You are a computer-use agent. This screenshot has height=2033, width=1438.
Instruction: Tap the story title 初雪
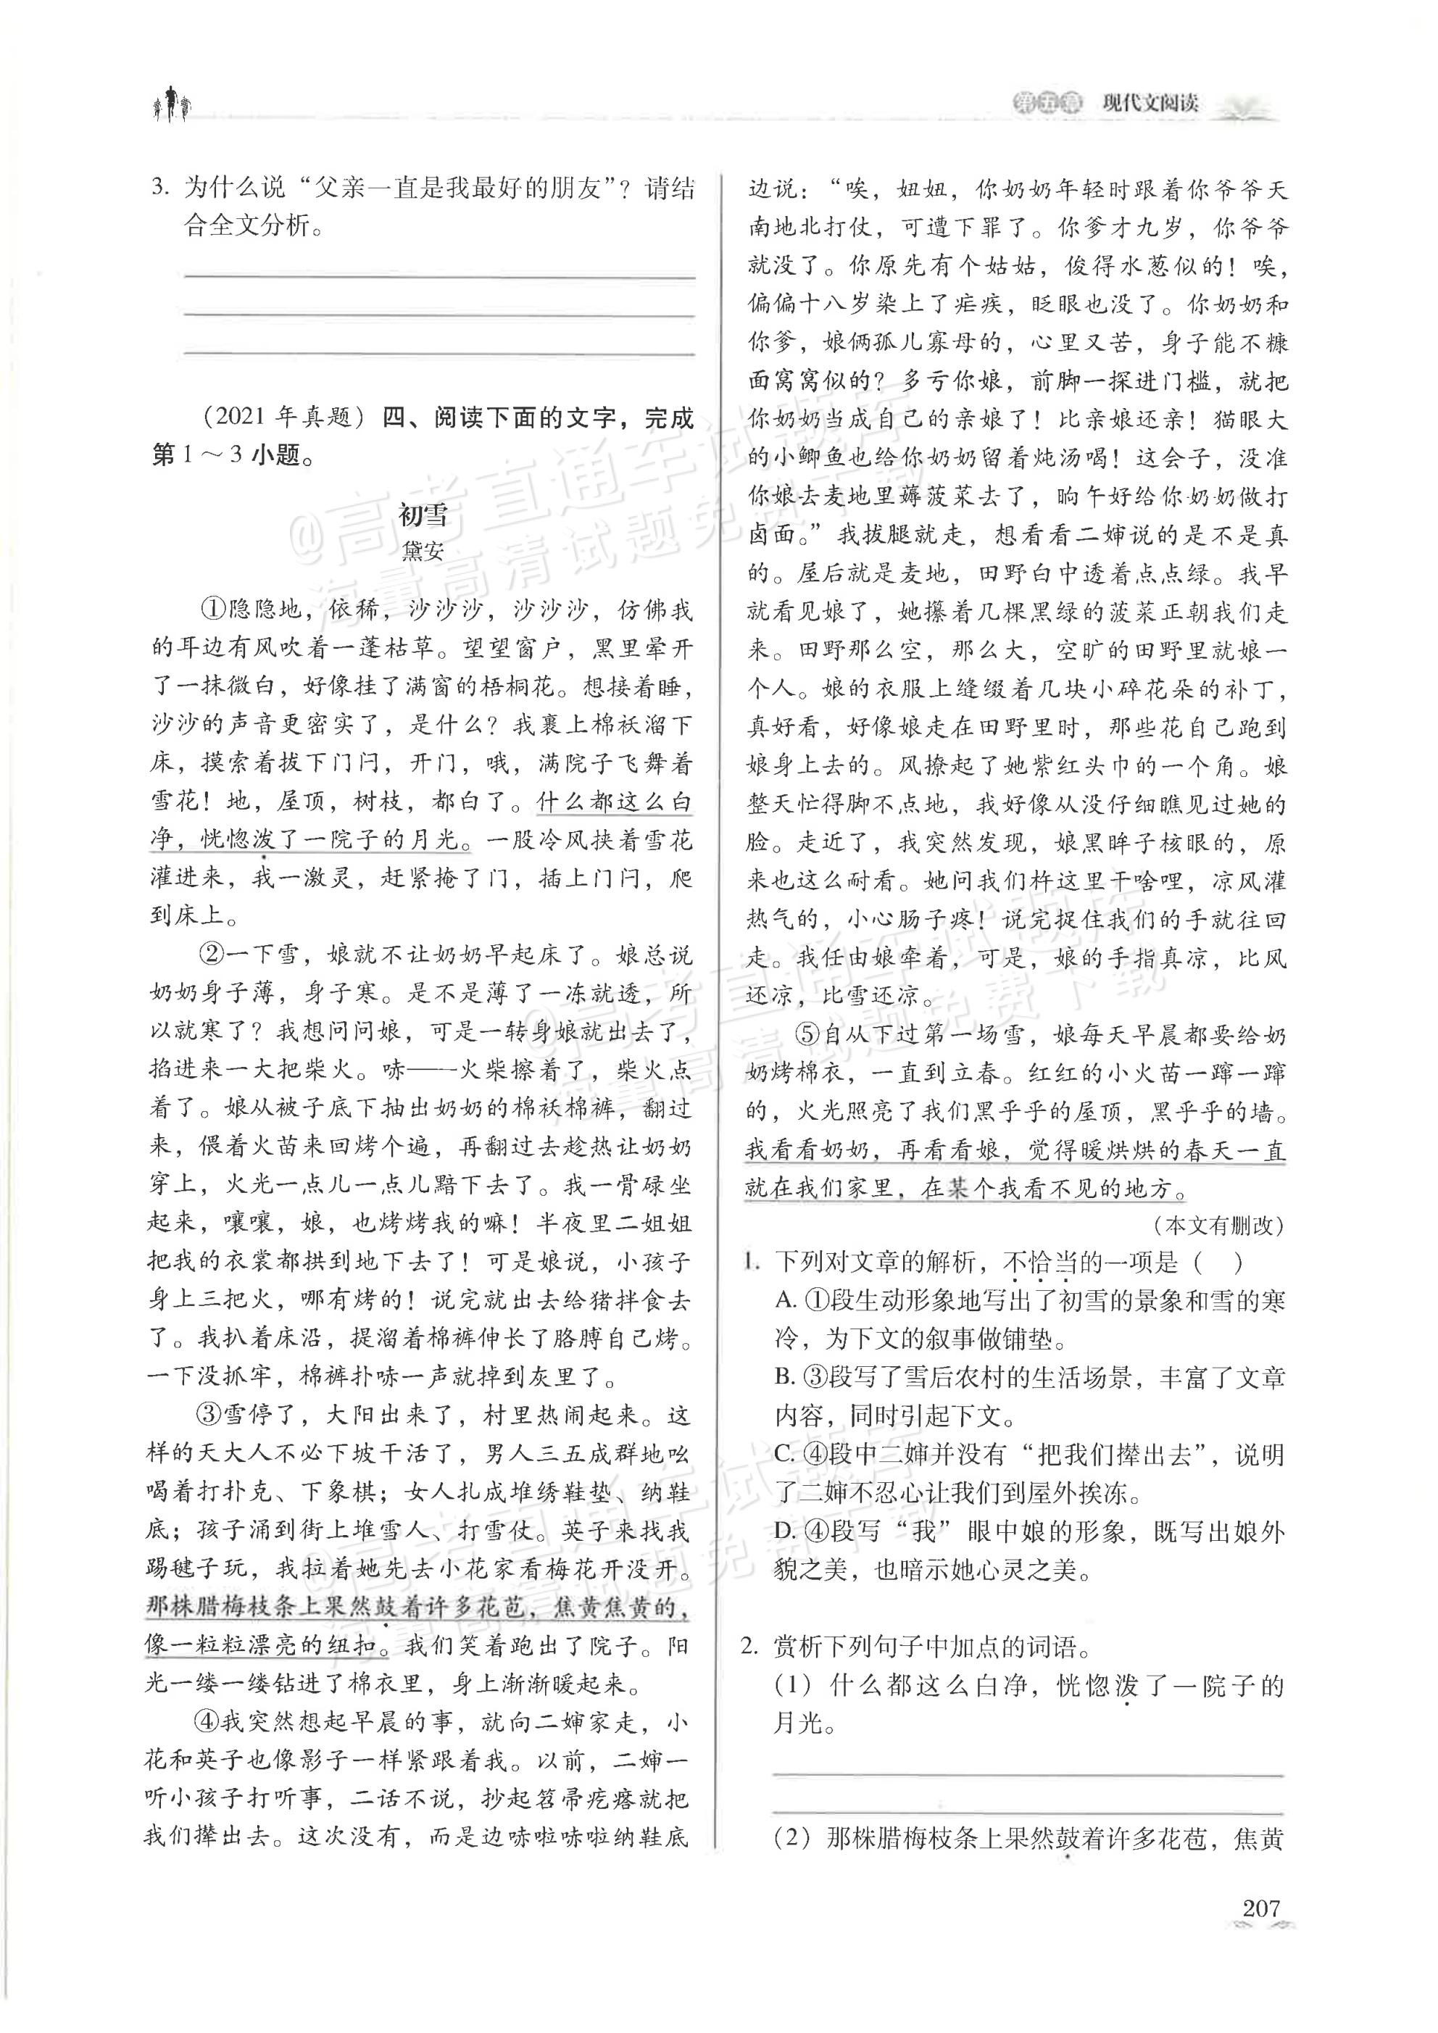(423, 515)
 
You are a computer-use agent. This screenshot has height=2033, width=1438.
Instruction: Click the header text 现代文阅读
(1150, 104)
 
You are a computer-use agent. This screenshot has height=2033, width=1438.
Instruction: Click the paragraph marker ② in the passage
(212, 955)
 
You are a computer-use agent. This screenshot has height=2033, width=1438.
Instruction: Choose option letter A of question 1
(786, 1301)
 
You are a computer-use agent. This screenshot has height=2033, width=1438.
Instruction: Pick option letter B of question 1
(786, 1378)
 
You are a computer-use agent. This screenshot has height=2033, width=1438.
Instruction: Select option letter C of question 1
(786, 1455)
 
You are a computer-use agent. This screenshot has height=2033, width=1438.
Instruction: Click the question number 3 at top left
(159, 188)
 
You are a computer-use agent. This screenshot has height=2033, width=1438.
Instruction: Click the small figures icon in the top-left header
(170, 105)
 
